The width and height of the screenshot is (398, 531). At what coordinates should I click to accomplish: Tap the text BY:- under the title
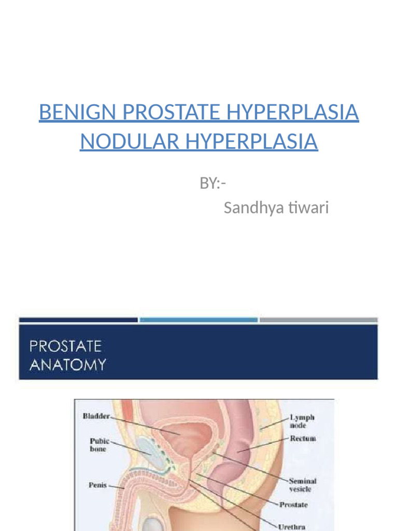(212, 183)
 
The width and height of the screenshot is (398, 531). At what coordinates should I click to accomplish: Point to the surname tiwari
(309, 208)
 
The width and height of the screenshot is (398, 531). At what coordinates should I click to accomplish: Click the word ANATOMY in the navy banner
(67, 365)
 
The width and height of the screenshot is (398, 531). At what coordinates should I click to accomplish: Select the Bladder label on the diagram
(95, 416)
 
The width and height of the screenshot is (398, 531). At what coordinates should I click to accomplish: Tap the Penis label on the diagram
(97, 485)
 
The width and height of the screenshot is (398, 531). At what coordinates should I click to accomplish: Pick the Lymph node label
(302, 421)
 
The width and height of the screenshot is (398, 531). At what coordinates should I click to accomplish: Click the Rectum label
(303, 439)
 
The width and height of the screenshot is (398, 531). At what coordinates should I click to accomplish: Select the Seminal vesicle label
(302, 485)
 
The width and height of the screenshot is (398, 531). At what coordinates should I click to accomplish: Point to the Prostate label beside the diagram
(293, 504)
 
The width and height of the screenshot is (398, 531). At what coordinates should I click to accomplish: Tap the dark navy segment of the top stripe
(78, 320)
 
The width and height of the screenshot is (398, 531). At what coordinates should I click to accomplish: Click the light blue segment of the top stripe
(198, 320)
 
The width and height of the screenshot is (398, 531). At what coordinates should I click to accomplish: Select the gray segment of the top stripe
(318, 320)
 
